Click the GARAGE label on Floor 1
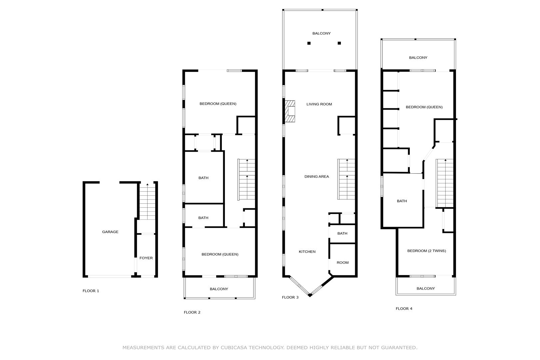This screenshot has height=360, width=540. [110, 232]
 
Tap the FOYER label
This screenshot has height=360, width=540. [146, 258]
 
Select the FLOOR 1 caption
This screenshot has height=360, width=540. [91, 291]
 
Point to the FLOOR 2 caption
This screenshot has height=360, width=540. [192, 312]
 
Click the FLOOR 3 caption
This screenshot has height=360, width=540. [290, 297]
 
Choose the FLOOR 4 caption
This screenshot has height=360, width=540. [404, 308]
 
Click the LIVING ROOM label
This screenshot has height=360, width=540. [319, 104]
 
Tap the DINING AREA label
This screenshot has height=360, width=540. [316, 176]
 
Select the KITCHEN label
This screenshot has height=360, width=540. [307, 251]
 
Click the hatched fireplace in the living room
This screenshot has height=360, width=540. [290, 111]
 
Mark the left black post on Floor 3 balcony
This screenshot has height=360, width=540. [309, 43]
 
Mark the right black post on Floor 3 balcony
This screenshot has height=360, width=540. [339, 43]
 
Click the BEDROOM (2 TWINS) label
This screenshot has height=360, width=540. [426, 251]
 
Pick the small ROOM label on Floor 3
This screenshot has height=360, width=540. [342, 263]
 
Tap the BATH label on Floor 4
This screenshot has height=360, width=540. [402, 201]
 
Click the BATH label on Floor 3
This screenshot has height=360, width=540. [342, 233]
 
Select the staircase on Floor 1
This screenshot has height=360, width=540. [147, 201]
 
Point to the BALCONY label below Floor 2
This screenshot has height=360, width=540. [219, 289]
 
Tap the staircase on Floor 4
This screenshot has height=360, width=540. [445, 183]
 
